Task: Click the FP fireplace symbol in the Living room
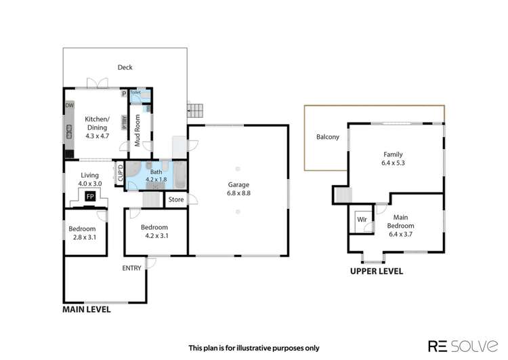click(x=89, y=196)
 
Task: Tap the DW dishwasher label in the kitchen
click(x=69, y=106)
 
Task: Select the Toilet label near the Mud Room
click(x=135, y=92)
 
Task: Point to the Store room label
click(x=176, y=199)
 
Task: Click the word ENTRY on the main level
click(x=131, y=268)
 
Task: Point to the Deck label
click(x=125, y=67)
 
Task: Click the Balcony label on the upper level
click(x=327, y=137)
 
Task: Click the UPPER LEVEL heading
click(x=376, y=271)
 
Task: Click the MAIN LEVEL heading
click(x=87, y=309)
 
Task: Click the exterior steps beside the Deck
click(x=195, y=110)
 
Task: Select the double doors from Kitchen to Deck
click(x=97, y=84)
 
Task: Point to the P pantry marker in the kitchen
click(x=124, y=94)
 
